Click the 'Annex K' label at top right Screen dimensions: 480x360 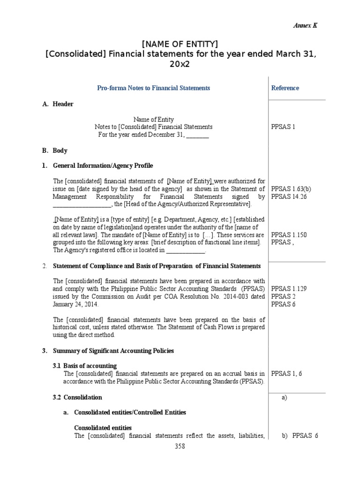[305, 26]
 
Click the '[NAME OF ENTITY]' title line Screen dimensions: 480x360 [180, 44]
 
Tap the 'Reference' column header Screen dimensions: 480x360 [285, 88]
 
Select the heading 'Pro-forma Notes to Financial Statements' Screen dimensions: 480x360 [153, 88]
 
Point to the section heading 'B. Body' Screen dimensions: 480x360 [54, 150]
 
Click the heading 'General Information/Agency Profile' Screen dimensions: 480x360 [103, 165]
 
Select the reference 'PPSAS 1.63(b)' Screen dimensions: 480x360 [291, 189]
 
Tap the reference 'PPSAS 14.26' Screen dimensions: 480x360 [289, 196]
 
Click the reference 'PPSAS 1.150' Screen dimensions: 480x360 [289, 234]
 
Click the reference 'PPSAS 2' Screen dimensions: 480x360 [283, 296]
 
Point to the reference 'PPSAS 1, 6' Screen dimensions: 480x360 [286, 373]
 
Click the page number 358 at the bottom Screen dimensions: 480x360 [180, 446]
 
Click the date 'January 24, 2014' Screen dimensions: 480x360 [75, 304]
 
